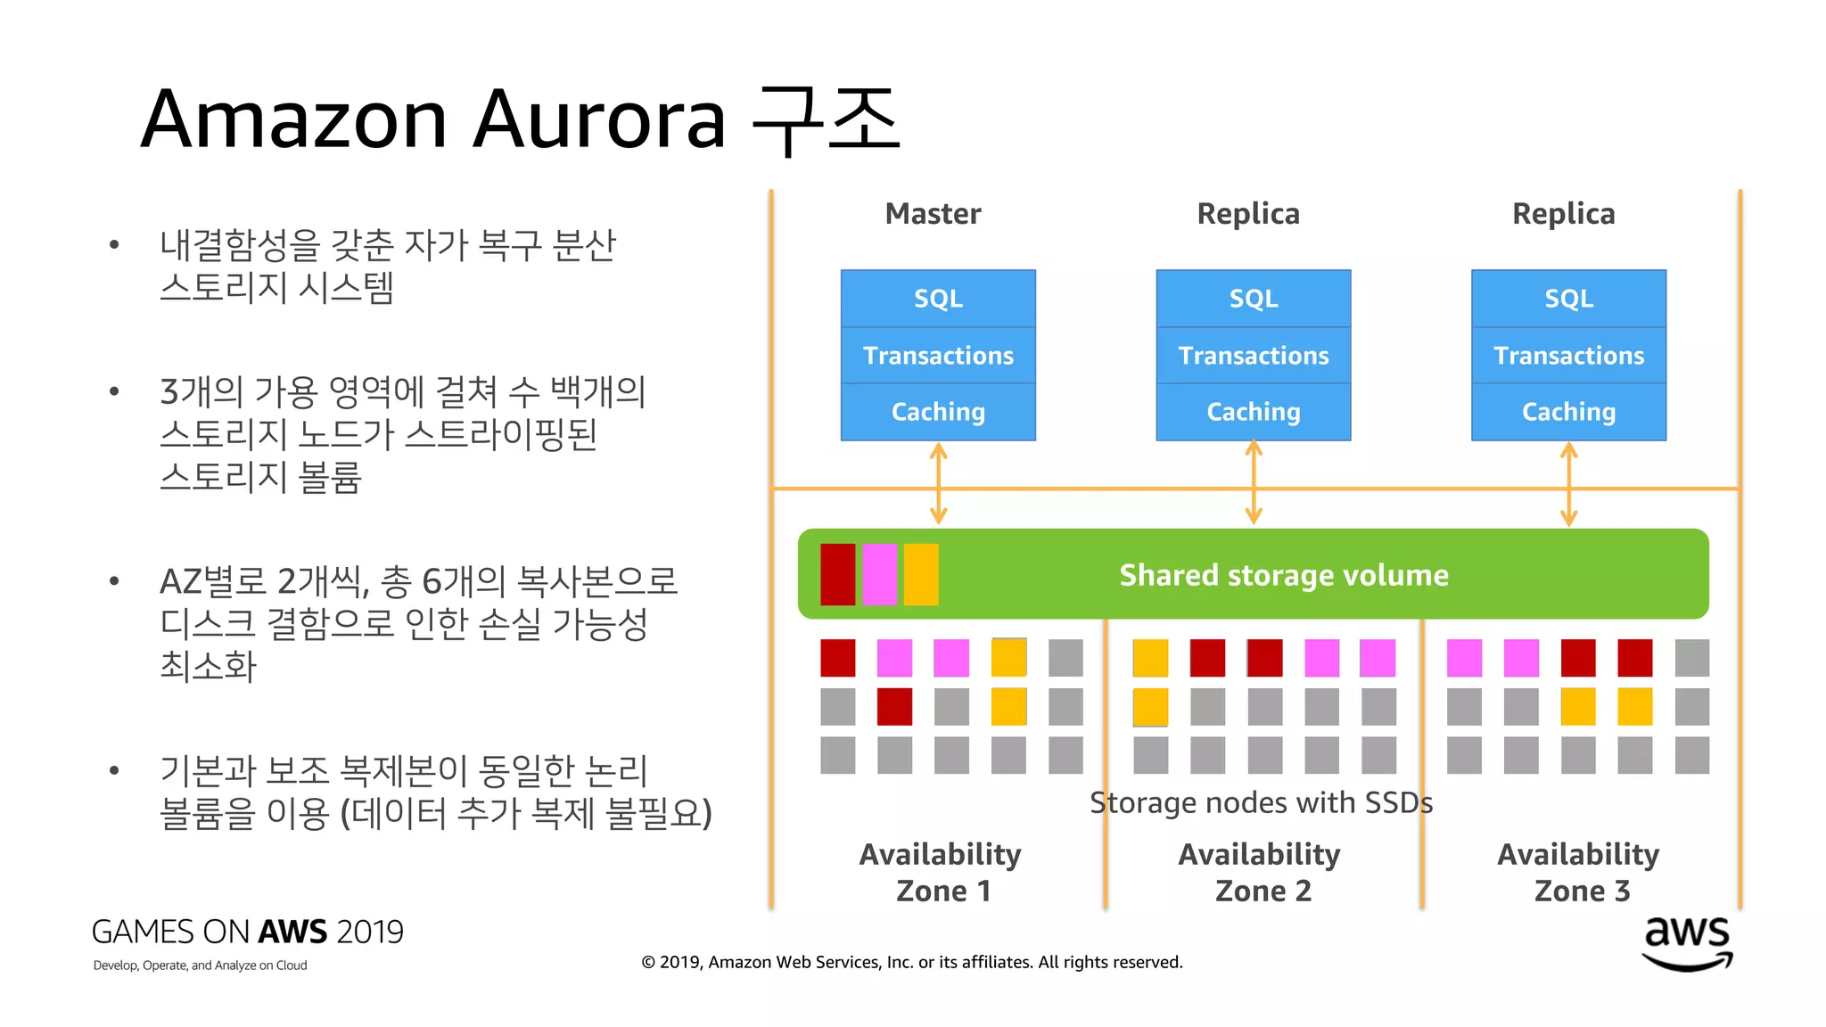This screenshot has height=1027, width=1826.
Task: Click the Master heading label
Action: coord(933,214)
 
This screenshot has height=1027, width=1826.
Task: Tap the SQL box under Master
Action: coord(938,299)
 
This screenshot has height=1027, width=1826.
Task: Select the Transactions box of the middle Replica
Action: coord(1253,356)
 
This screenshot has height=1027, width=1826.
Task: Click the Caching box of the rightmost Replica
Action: coord(1568,412)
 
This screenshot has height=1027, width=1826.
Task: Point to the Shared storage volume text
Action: coord(1283,575)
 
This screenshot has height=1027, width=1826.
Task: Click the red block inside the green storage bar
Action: coord(837,575)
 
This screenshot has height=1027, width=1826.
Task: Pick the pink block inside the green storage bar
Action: coord(879,575)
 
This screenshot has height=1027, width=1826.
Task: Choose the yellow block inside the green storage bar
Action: coord(921,575)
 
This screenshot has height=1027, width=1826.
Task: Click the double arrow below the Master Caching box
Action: coord(938,484)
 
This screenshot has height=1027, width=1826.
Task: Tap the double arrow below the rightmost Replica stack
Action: coord(1568,484)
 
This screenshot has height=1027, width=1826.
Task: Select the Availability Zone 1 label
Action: coord(941,872)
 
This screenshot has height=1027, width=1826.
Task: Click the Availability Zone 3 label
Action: coord(1578,872)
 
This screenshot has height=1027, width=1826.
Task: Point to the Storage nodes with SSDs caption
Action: coord(1261,802)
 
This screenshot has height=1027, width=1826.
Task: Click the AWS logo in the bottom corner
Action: coord(1687,943)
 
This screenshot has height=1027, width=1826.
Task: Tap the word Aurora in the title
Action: coord(599,119)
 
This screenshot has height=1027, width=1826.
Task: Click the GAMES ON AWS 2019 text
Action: coord(247,932)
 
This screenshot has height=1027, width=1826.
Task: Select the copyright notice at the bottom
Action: coord(911,962)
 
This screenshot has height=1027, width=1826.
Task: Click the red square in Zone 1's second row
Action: coord(894,707)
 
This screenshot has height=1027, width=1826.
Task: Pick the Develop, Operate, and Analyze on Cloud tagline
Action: coord(200,965)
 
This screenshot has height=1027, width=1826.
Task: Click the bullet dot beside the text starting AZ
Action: coord(114,581)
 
